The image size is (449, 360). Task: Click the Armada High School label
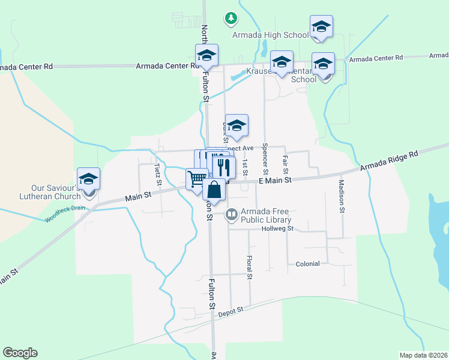(271, 35)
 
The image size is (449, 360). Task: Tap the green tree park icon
(231, 18)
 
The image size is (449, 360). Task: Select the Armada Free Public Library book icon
(231, 214)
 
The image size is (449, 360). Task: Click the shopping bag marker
(214, 189)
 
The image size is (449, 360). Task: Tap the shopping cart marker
(196, 179)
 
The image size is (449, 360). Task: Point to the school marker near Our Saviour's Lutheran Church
(89, 179)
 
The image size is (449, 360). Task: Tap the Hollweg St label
(277, 229)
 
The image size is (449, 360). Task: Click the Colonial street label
(308, 263)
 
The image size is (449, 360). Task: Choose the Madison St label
(341, 196)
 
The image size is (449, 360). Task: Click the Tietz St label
(157, 174)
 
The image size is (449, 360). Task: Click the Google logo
(20, 353)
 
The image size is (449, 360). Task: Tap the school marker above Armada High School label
(321, 26)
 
